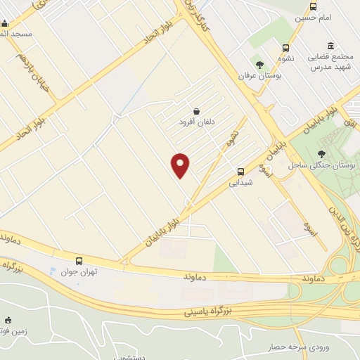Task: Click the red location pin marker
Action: point(181,165)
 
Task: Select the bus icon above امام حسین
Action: point(313,7)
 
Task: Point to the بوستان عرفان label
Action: point(259,76)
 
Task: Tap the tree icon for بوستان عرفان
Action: point(259,65)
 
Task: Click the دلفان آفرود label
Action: point(195,122)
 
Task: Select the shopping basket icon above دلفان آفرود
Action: point(195,110)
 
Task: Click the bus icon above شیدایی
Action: point(240,171)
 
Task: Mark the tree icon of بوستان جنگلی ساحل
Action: point(322,154)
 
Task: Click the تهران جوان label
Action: point(78,272)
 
